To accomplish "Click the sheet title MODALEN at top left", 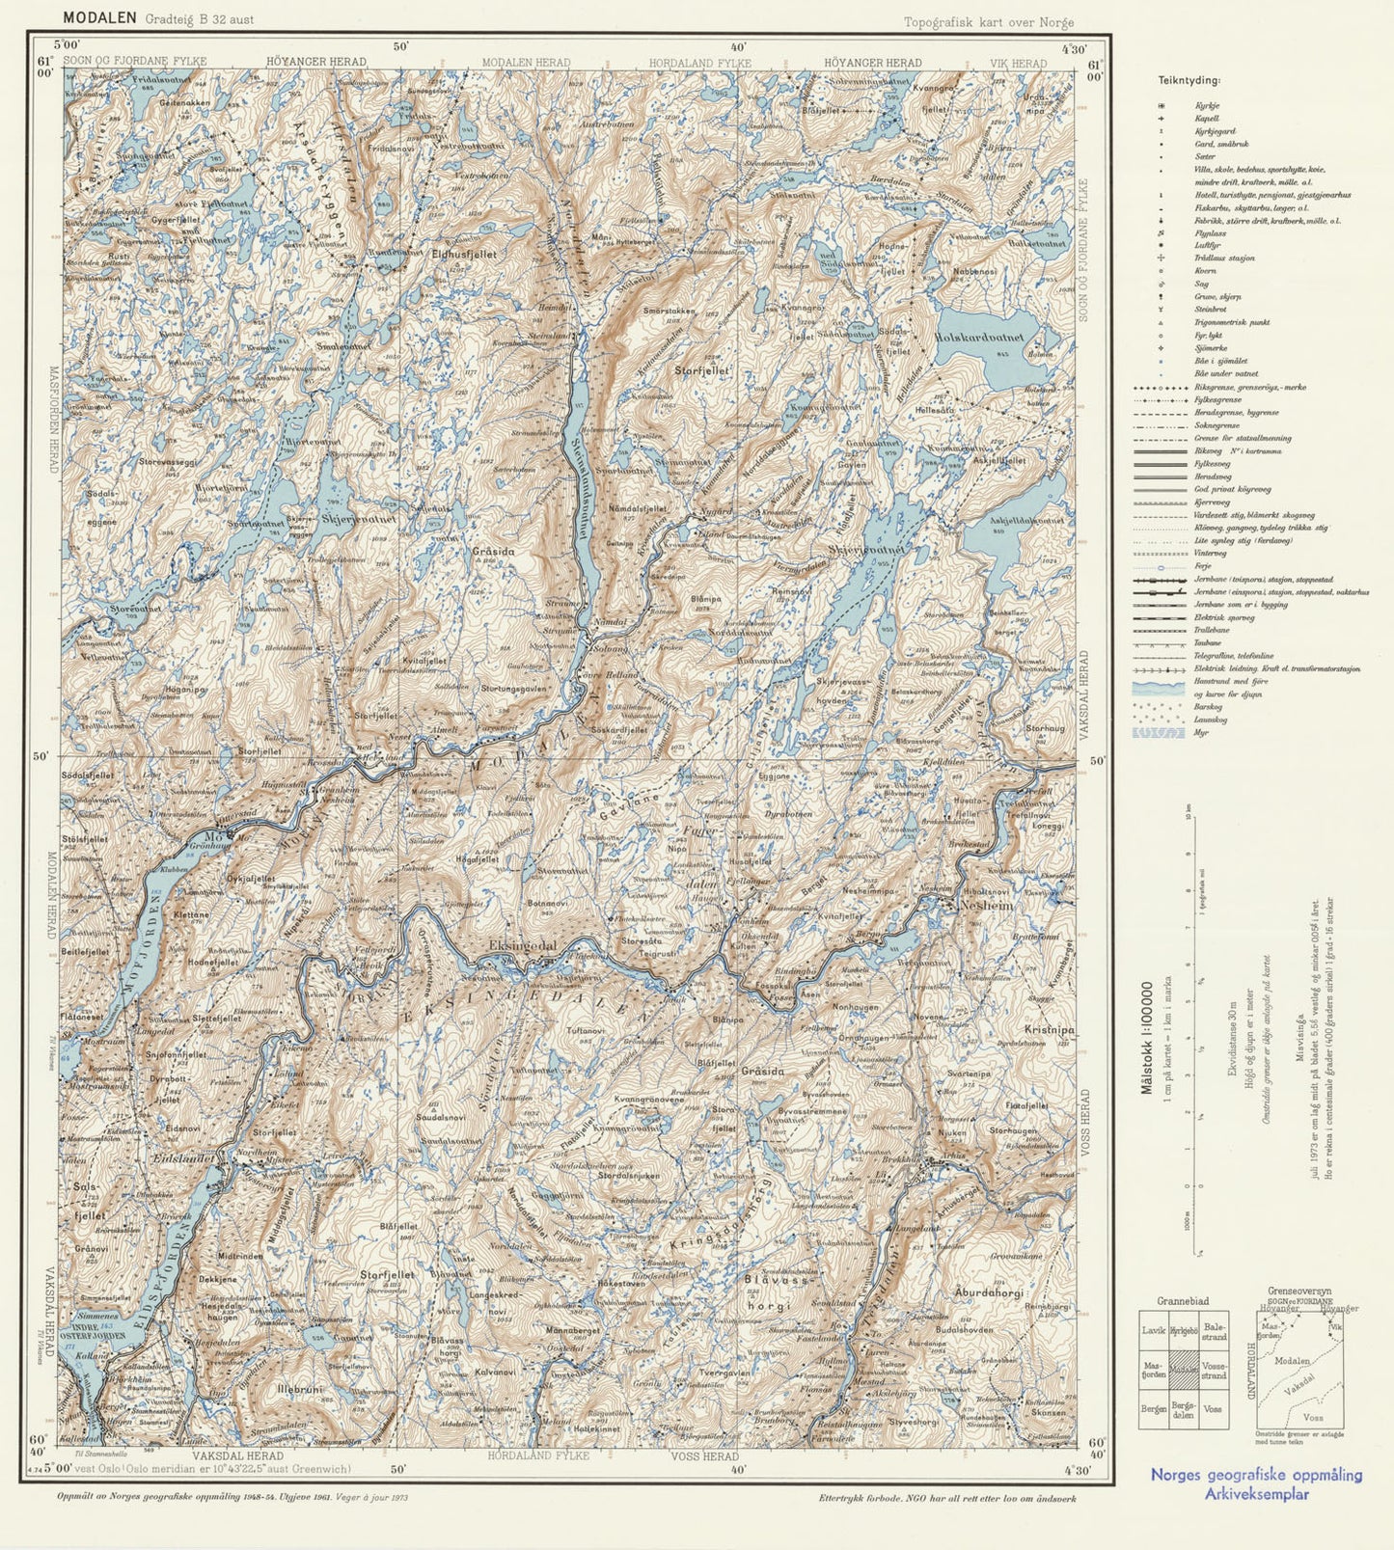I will tap(99, 17).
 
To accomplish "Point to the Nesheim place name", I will tap(985, 907).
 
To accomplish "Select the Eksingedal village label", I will tap(523, 947).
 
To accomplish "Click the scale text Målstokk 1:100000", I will tap(1147, 1038).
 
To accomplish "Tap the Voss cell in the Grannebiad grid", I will tap(1213, 1409).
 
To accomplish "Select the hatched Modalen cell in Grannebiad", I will tap(1184, 1368).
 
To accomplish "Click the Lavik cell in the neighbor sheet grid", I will tap(1153, 1328).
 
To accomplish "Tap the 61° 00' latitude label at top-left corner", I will tap(43, 71).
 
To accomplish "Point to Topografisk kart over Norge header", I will tap(988, 23).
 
